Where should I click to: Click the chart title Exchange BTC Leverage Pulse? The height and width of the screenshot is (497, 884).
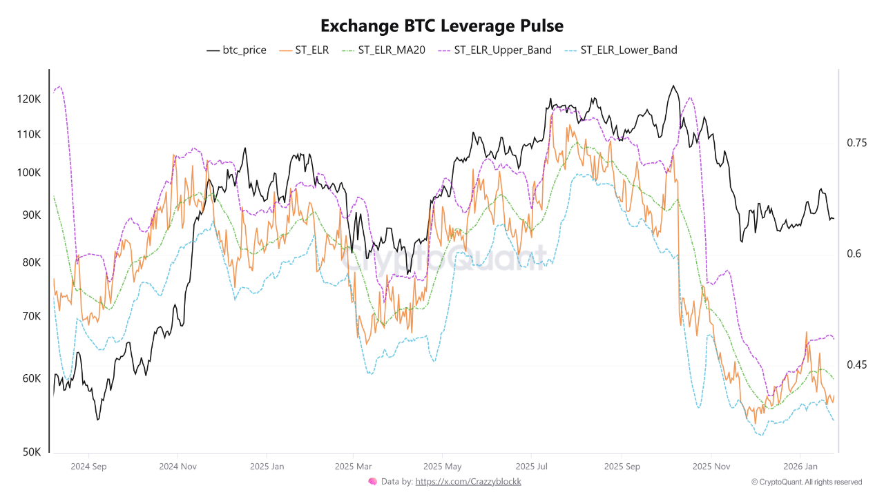(x=442, y=26)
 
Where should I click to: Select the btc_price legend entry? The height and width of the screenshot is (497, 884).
(x=237, y=50)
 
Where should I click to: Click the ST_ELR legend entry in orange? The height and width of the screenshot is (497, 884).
(x=305, y=50)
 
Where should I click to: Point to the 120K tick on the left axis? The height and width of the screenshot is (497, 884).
(x=29, y=99)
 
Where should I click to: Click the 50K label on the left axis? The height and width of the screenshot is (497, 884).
(x=32, y=452)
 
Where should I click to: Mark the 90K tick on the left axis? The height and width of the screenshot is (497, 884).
(x=32, y=215)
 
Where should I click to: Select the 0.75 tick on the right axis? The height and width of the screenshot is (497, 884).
(x=856, y=143)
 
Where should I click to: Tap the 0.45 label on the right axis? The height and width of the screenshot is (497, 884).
(x=856, y=364)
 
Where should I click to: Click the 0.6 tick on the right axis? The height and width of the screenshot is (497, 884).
(x=853, y=254)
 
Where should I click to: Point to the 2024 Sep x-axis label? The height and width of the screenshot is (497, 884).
(x=89, y=466)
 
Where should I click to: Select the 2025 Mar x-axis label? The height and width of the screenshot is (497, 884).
(x=352, y=466)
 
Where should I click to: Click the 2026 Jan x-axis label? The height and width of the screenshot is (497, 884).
(x=800, y=466)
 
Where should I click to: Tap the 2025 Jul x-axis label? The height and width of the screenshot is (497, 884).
(x=532, y=466)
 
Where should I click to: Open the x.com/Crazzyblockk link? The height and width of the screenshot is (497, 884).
(x=468, y=482)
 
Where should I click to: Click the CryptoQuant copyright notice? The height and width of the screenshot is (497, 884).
(x=806, y=482)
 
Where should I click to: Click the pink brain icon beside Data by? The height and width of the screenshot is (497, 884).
(x=372, y=482)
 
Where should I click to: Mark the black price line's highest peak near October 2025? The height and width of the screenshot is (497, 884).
(x=673, y=86)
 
